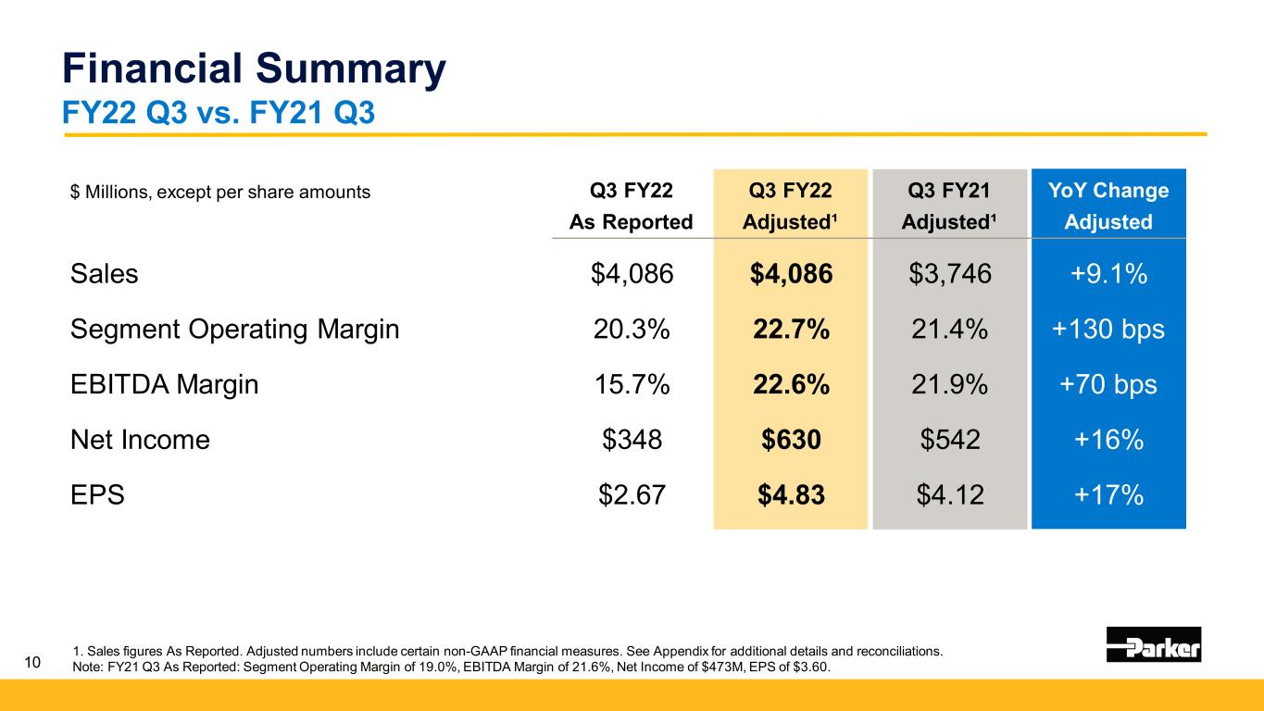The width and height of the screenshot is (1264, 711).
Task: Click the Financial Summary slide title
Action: click(253, 70)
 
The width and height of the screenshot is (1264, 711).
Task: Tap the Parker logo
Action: click(1153, 644)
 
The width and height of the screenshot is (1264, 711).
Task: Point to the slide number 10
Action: click(32, 662)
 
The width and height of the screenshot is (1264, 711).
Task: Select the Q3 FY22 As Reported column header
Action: click(632, 206)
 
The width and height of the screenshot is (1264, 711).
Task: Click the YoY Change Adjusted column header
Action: click(1108, 206)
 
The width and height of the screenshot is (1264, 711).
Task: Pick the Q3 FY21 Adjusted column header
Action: click(949, 206)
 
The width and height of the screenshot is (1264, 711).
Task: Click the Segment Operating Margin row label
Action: click(234, 330)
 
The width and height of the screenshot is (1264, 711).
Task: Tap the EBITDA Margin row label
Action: click(164, 385)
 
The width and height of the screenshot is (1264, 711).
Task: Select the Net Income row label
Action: click(140, 441)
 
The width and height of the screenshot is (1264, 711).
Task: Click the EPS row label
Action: click(97, 496)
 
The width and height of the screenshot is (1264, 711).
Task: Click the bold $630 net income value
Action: click(791, 441)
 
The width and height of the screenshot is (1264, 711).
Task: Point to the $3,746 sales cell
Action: click(949, 274)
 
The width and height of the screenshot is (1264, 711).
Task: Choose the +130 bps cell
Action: click(1108, 330)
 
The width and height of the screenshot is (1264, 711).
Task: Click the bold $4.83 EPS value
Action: click(791, 496)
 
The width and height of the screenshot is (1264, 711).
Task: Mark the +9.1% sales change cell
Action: click(1108, 274)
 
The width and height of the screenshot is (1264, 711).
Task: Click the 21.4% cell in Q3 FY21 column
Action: click(949, 330)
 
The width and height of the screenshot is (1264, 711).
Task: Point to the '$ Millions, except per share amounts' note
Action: click(220, 193)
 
